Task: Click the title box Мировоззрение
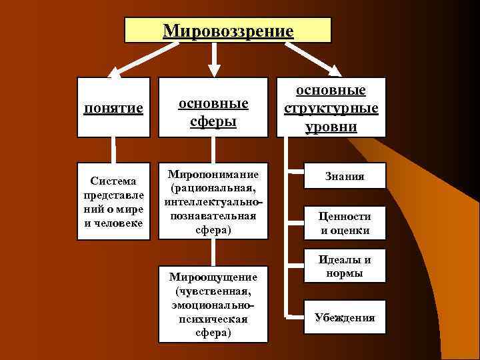point(227,31)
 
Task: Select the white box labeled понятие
point(113,108)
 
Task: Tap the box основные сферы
point(213,109)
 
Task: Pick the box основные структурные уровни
point(331,108)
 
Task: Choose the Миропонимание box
point(213,201)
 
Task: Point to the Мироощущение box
point(213,304)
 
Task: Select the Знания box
point(345,177)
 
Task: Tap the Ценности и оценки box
point(345,223)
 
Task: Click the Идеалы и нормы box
point(345,266)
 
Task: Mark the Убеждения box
point(345,317)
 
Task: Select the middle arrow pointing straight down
point(213,59)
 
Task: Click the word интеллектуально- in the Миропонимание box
point(213,201)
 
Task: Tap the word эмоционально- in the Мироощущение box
point(213,304)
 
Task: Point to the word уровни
point(331,127)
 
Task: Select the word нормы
point(345,273)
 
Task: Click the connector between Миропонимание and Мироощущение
point(213,252)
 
